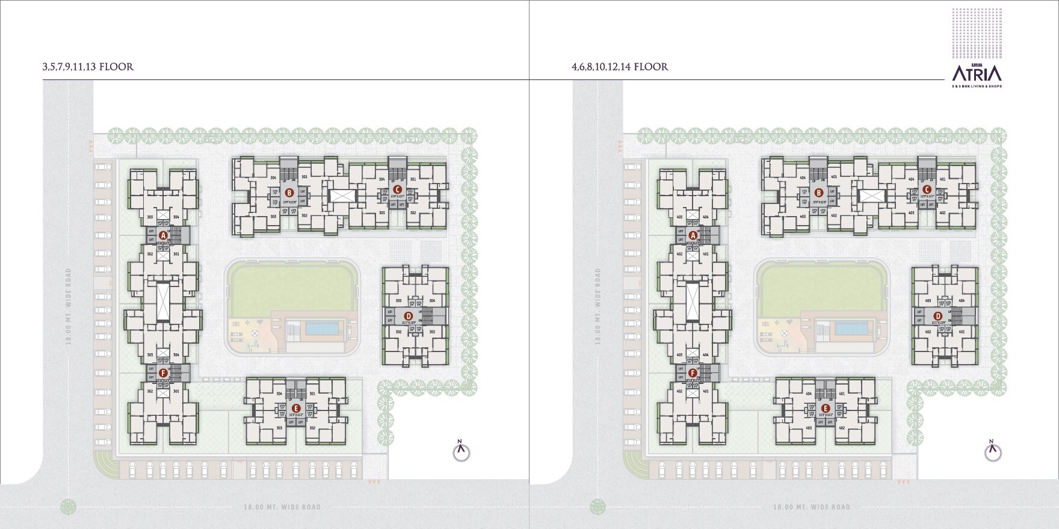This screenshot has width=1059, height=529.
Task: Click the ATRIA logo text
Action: click(x=977, y=74)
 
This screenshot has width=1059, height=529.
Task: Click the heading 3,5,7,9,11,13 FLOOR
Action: click(x=88, y=67)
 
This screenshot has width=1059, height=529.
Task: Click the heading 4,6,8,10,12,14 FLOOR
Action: click(x=620, y=67)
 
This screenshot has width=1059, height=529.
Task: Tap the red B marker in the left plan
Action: click(x=289, y=193)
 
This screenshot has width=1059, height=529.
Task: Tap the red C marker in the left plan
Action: click(x=397, y=190)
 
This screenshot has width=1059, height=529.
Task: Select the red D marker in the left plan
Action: click(x=409, y=316)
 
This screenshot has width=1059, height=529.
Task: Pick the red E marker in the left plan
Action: click(x=295, y=407)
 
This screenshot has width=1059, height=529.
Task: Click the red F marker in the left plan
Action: click(x=163, y=373)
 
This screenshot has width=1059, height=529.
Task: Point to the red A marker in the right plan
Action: click(x=693, y=235)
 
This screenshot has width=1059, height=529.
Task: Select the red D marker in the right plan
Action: click(x=938, y=316)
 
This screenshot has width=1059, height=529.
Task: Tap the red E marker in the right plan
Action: click(x=826, y=407)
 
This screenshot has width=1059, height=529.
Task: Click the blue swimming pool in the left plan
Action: click(x=321, y=329)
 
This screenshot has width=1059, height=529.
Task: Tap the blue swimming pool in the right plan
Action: click(x=852, y=329)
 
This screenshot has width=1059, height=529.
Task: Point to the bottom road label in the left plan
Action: click(x=282, y=507)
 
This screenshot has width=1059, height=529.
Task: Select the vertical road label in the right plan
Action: click(x=598, y=306)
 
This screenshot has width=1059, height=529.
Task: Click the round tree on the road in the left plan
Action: click(x=69, y=507)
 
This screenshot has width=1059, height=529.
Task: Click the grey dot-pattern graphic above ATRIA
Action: click(x=977, y=33)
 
